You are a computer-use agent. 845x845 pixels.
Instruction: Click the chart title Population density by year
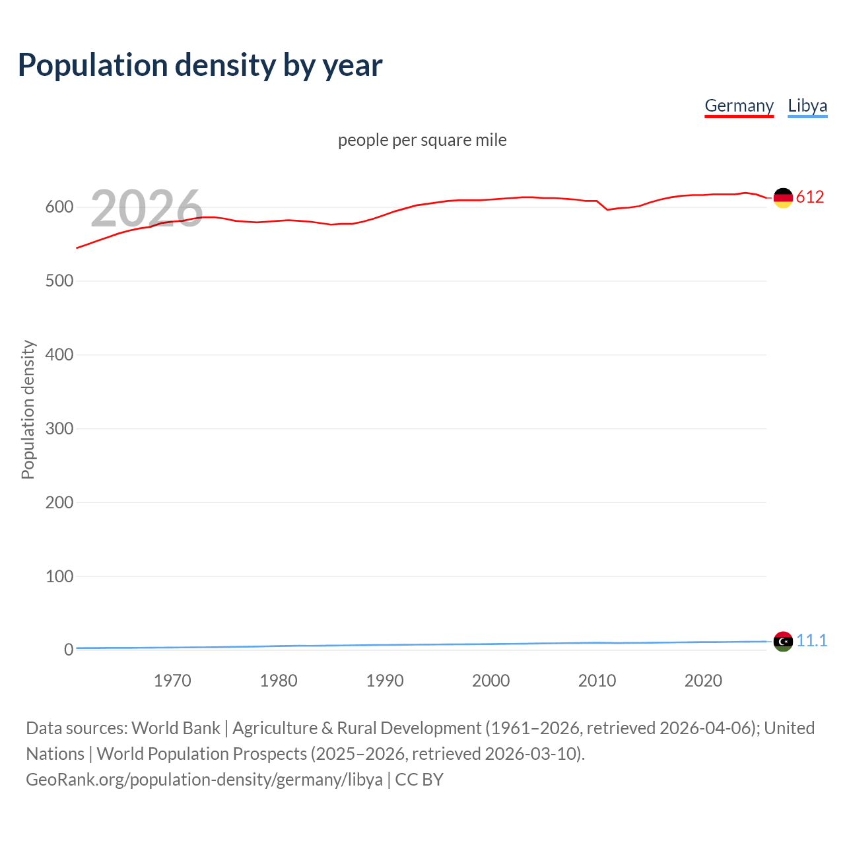(200, 65)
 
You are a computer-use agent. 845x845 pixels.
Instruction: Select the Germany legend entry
(739, 106)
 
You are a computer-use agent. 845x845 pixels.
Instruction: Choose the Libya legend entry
(807, 106)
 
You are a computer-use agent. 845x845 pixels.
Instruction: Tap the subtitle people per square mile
(422, 141)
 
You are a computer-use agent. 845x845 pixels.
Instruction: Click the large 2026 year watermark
(147, 209)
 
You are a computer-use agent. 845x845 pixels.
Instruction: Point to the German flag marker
(783, 197)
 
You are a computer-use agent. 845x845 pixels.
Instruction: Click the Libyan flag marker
(783, 641)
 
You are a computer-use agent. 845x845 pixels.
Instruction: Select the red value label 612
(810, 197)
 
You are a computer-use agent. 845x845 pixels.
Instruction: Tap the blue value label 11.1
(811, 641)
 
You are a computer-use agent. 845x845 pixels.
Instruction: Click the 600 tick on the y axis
(59, 207)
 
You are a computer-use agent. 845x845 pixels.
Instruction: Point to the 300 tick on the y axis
(59, 429)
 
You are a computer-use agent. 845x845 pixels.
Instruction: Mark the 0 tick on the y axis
(69, 650)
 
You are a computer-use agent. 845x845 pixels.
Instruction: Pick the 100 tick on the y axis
(59, 576)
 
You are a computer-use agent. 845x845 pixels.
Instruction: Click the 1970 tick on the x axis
(172, 681)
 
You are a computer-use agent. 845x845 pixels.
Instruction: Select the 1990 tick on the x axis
(385, 681)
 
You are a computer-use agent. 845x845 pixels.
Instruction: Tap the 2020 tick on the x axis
(703, 681)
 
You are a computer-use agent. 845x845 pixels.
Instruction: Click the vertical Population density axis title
(28, 409)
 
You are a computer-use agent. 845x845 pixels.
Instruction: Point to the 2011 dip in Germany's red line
(607, 209)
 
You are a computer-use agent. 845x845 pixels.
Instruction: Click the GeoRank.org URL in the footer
(204, 780)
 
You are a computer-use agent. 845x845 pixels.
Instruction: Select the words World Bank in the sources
(176, 728)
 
